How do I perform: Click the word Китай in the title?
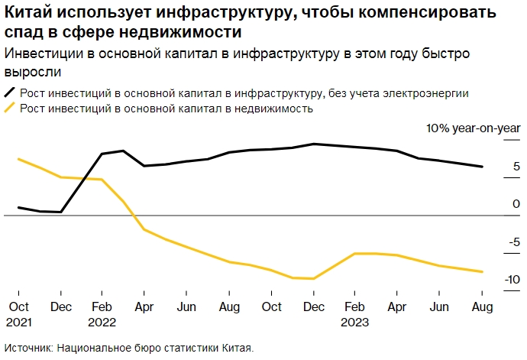click(x=28, y=13)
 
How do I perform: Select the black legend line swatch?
click(x=11, y=93)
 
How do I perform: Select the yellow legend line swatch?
click(x=11, y=109)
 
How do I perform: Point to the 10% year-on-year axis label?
click(x=473, y=128)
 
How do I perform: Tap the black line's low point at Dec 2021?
click(x=60, y=212)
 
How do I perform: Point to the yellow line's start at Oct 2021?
click(x=18, y=159)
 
